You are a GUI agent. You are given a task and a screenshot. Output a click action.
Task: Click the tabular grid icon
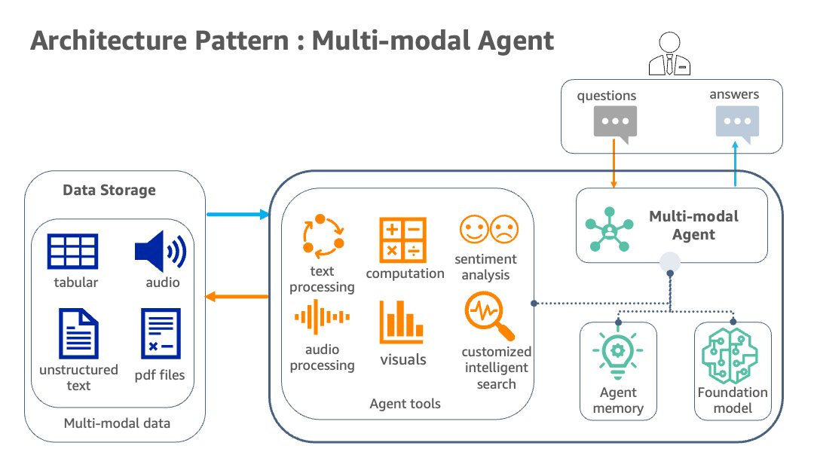click(x=72, y=252)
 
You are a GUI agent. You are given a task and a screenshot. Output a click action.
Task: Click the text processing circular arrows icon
click(x=323, y=235)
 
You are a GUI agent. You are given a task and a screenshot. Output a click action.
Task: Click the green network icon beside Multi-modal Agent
click(x=609, y=225)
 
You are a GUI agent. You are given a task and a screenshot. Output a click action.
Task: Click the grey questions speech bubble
click(x=614, y=123)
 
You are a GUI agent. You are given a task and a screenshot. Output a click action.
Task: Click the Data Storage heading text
click(x=109, y=190)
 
